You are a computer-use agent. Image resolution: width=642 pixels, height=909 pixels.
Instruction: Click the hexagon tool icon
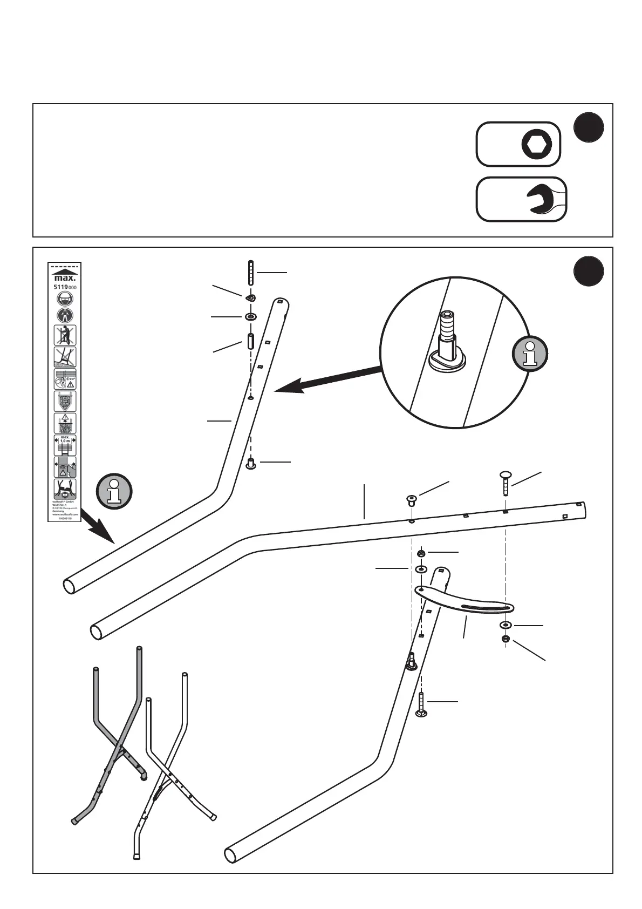point(537,144)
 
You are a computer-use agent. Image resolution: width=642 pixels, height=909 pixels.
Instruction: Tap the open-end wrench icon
point(543,199)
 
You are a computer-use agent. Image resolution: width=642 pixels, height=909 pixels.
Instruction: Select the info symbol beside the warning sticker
point(114,491)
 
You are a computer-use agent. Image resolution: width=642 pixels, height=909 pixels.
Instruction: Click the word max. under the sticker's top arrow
point(65,279)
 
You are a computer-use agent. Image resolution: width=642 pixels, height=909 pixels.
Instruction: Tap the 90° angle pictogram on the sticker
point(65,379)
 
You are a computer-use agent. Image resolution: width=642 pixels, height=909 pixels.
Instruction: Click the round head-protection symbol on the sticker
point(65,300)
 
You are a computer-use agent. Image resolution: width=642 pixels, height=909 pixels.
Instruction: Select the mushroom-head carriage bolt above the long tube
point(506,482)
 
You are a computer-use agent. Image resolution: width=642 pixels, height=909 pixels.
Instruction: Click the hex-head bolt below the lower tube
point(421,704)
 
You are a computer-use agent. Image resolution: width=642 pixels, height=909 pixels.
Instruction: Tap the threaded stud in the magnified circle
point(447,334)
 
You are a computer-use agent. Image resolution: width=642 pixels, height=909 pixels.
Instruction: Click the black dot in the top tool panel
point(589,128)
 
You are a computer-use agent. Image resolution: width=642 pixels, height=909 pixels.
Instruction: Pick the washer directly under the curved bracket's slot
point(506,625)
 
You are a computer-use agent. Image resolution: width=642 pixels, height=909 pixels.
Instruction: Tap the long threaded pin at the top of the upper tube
point(250,273)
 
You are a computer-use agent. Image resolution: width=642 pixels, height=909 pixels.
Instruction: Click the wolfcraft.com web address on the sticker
point(65,514)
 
